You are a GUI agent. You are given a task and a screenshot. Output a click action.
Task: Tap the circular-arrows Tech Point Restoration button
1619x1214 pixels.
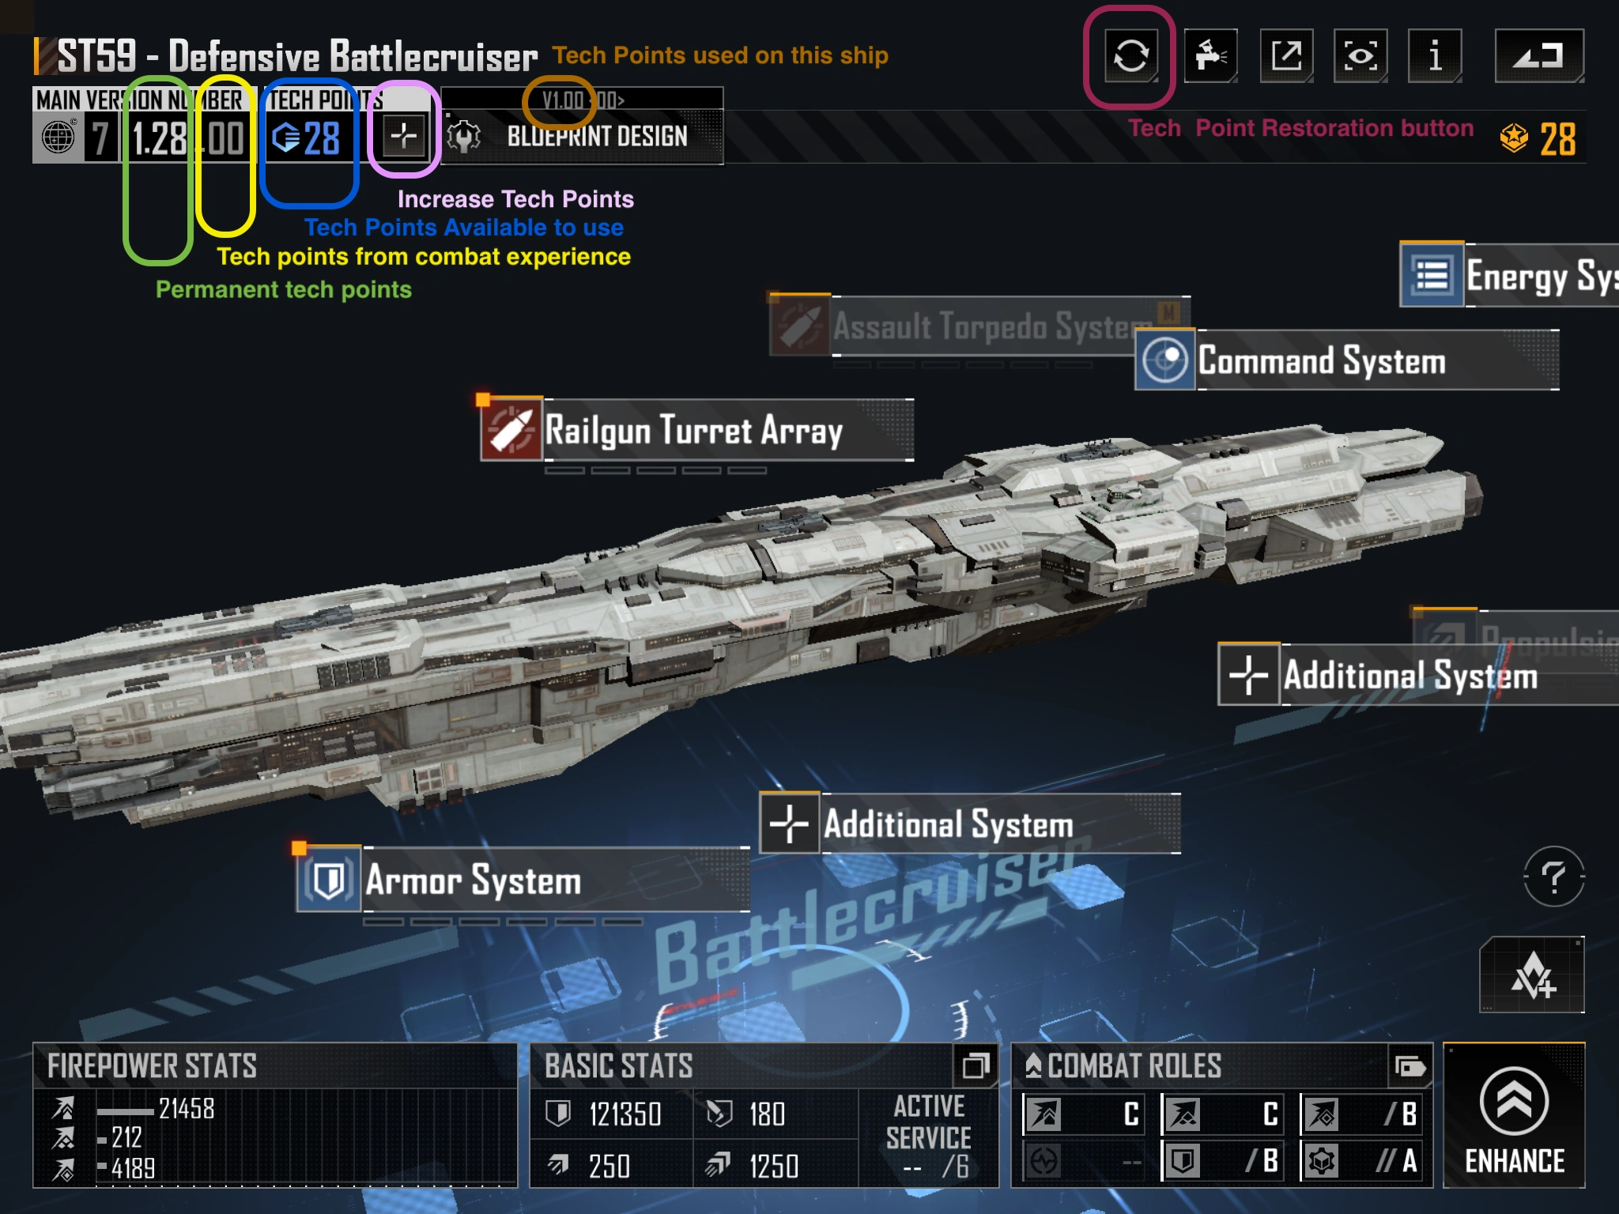point(1130,55)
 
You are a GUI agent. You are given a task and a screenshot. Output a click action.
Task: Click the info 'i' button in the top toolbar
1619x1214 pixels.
point(1435,55)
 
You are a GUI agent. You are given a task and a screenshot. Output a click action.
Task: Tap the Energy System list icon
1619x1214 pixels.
point(1432,275)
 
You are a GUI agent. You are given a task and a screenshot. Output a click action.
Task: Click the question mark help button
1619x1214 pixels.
point(1553,877)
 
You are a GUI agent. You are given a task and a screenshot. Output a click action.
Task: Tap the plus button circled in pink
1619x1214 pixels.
point(404,135)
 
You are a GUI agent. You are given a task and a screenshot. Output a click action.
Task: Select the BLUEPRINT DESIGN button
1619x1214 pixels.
point(597,137)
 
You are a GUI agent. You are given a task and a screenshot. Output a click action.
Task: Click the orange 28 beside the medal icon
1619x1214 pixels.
point(1557,140)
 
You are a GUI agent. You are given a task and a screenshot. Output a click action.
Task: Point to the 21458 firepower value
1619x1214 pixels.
point(187,1108)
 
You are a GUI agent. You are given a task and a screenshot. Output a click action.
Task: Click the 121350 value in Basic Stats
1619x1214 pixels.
point(625,1114)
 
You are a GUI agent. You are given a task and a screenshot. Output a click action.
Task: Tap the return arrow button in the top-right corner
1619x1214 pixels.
point(1538,55)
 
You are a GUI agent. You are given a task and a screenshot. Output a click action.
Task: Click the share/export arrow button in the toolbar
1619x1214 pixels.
point(1286,55)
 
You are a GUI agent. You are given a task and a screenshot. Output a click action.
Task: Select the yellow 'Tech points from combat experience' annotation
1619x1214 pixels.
point(424,257)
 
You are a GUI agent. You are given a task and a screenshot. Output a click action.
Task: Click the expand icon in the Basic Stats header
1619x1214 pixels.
point(976,1065)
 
